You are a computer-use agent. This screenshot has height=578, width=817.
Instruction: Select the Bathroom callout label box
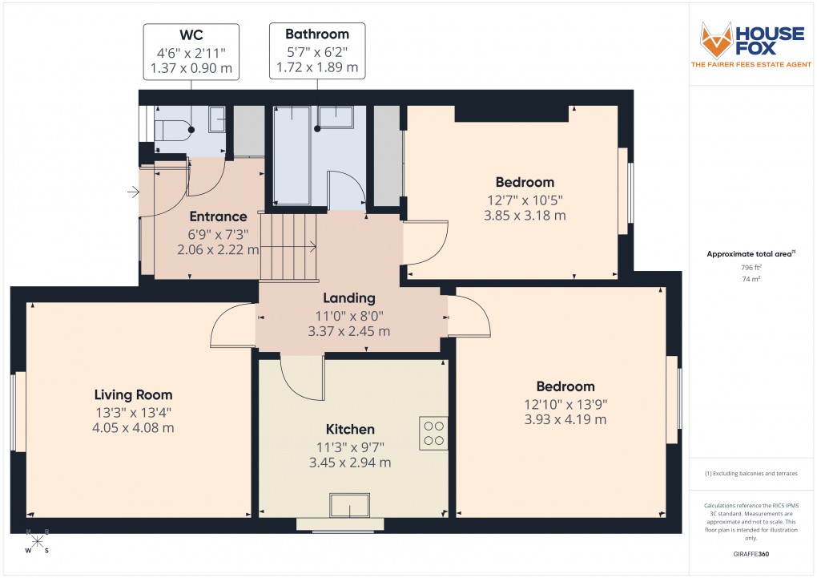[317, 51]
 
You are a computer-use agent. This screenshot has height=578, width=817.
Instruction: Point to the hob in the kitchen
[434, 433]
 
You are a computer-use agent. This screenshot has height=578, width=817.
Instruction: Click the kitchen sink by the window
[351, 506]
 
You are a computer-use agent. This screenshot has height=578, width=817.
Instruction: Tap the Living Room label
[133, 394]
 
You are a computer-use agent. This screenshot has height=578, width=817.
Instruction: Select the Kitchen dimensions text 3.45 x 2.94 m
[351, 463]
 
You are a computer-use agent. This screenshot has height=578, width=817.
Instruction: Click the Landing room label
[349, 298]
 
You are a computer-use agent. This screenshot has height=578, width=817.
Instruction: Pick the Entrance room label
[218, 216]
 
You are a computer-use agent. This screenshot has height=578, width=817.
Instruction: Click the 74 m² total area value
[751, 280]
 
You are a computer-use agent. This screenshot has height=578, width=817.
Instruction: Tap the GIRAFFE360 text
[750, 554]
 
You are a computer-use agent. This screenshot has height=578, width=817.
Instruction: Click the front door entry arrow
[132, 192]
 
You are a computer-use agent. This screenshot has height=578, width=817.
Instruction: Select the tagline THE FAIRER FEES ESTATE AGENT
[750, 63]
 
